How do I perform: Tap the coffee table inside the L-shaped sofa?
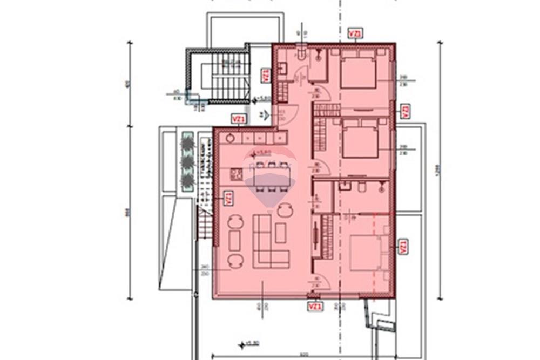pos(280,233)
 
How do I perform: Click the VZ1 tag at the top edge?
pos(355,33)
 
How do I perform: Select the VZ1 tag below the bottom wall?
pos(315,307)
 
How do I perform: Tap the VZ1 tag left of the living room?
pos(228,198)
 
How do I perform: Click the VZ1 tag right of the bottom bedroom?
pos(402,247)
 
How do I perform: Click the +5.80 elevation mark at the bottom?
pos(249,343)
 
